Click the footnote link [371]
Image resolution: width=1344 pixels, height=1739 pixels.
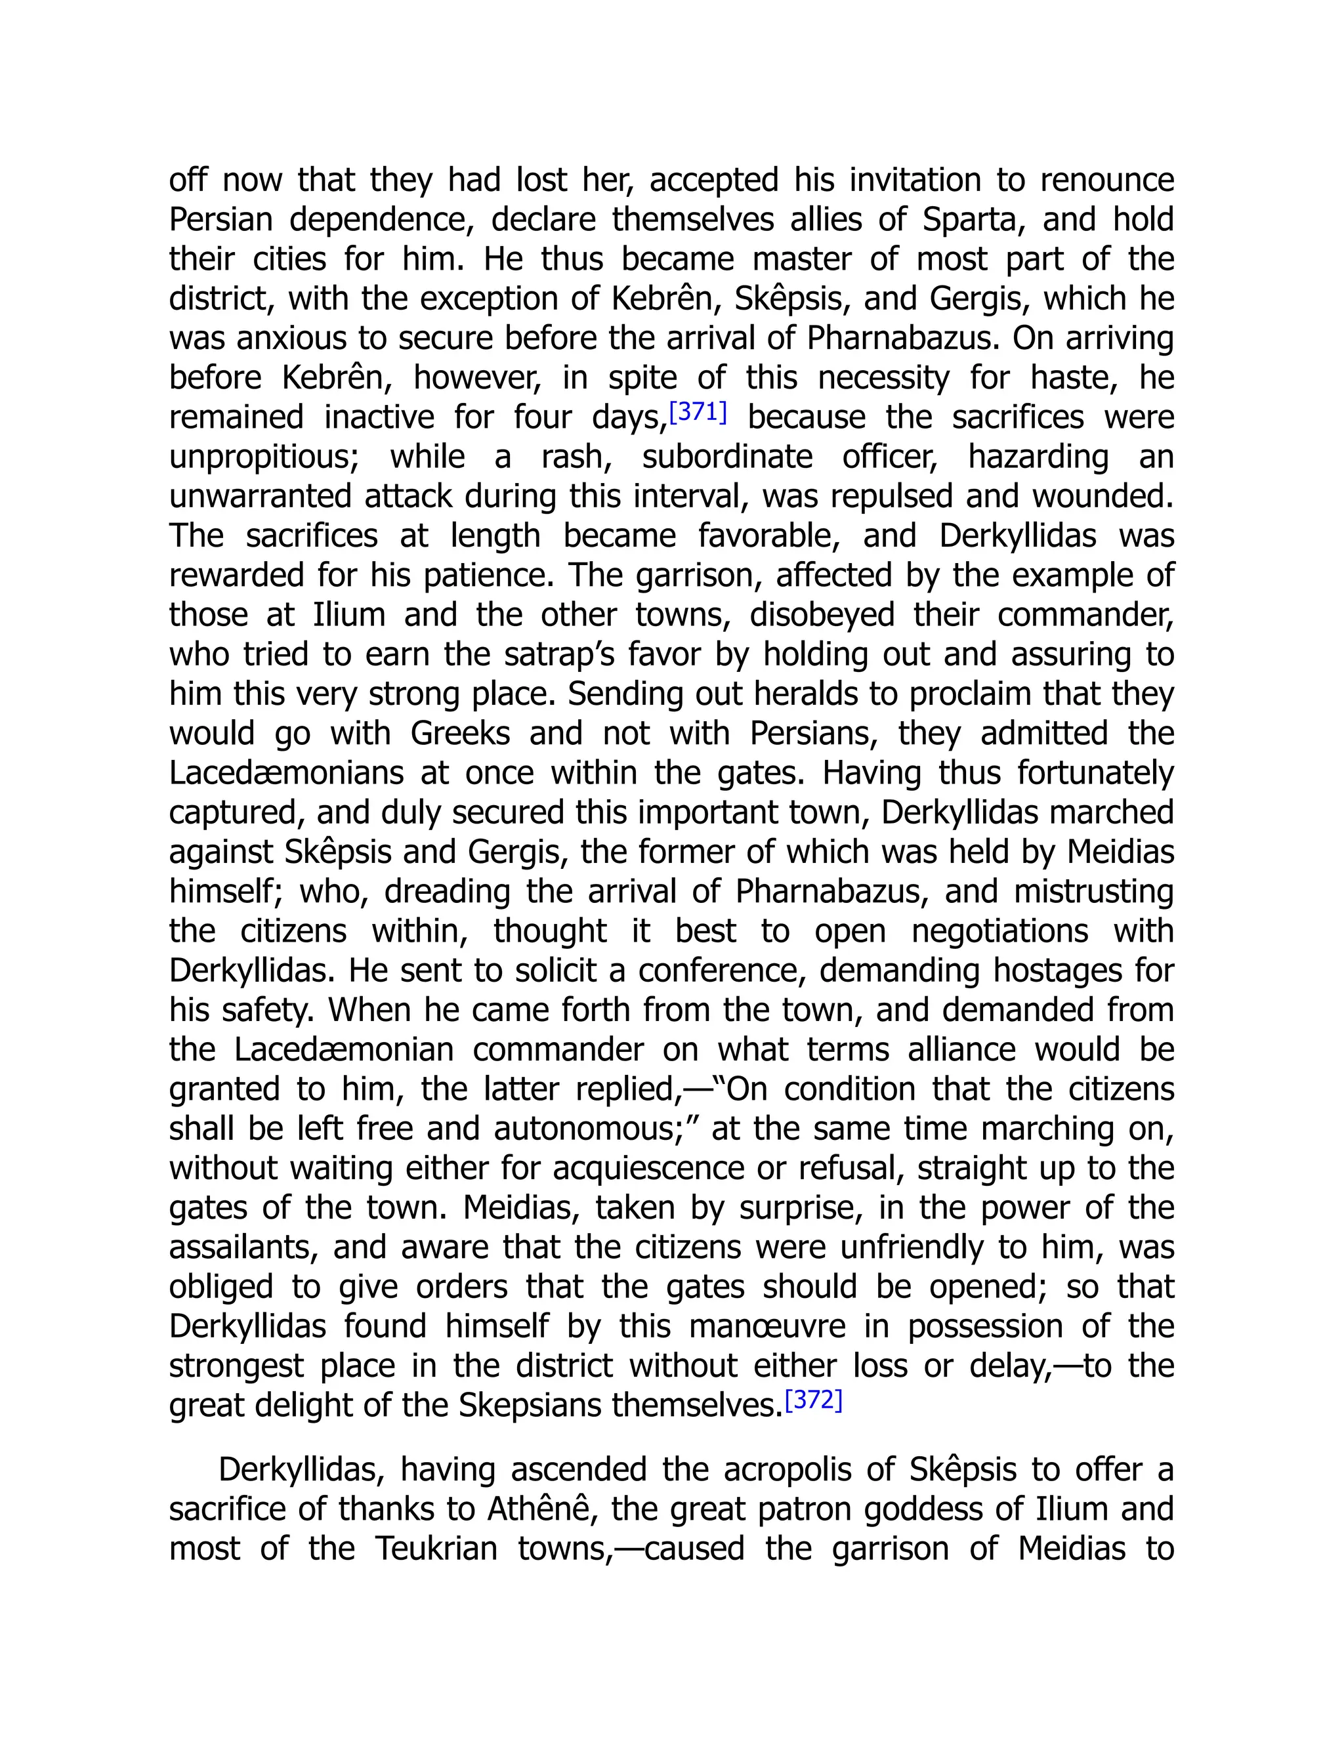[698, 413]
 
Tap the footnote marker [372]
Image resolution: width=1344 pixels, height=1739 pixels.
[813, 1400]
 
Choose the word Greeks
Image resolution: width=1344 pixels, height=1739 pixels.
[460, 734]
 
